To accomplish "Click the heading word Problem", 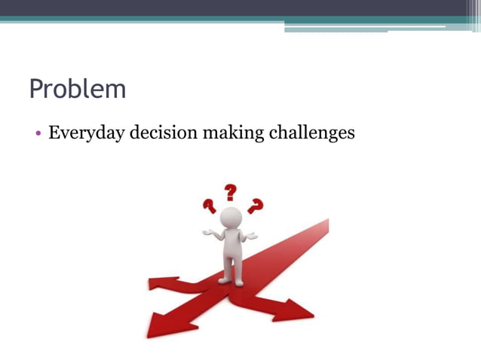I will click(77, 90).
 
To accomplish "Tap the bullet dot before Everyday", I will click(37, 134).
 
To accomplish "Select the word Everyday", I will click(85, 134).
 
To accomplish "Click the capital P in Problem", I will click(36, 89).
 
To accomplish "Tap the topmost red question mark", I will click(231, 193).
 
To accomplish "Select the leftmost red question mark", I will click(209, 205).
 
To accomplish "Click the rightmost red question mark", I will click(256, 205).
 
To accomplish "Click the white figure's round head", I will click(231, 218).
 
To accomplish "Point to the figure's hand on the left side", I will click(207, 232).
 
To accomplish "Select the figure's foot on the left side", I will click(224, 280).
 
